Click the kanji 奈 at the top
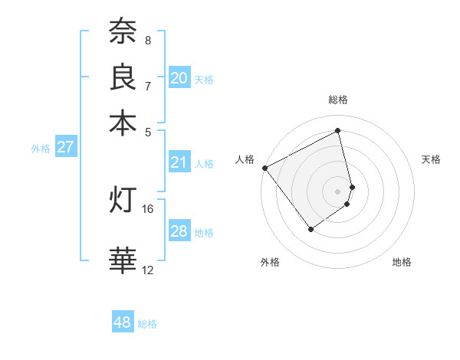point(123,31)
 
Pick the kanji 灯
point(123,199)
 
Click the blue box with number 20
point(179,77)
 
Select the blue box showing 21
point(179,162)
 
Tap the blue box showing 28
point(179,231)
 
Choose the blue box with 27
point(66,147)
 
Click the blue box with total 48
point(123,322)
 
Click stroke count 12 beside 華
point(148,270)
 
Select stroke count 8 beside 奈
point(148,40)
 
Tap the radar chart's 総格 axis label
point(338,100)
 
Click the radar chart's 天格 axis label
point(432,159)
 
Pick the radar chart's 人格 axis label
point(245,159)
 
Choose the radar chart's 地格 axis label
point(402,262)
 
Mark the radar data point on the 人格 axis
point(264,168)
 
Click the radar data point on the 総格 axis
point(338,131)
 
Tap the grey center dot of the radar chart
point(338,191)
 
